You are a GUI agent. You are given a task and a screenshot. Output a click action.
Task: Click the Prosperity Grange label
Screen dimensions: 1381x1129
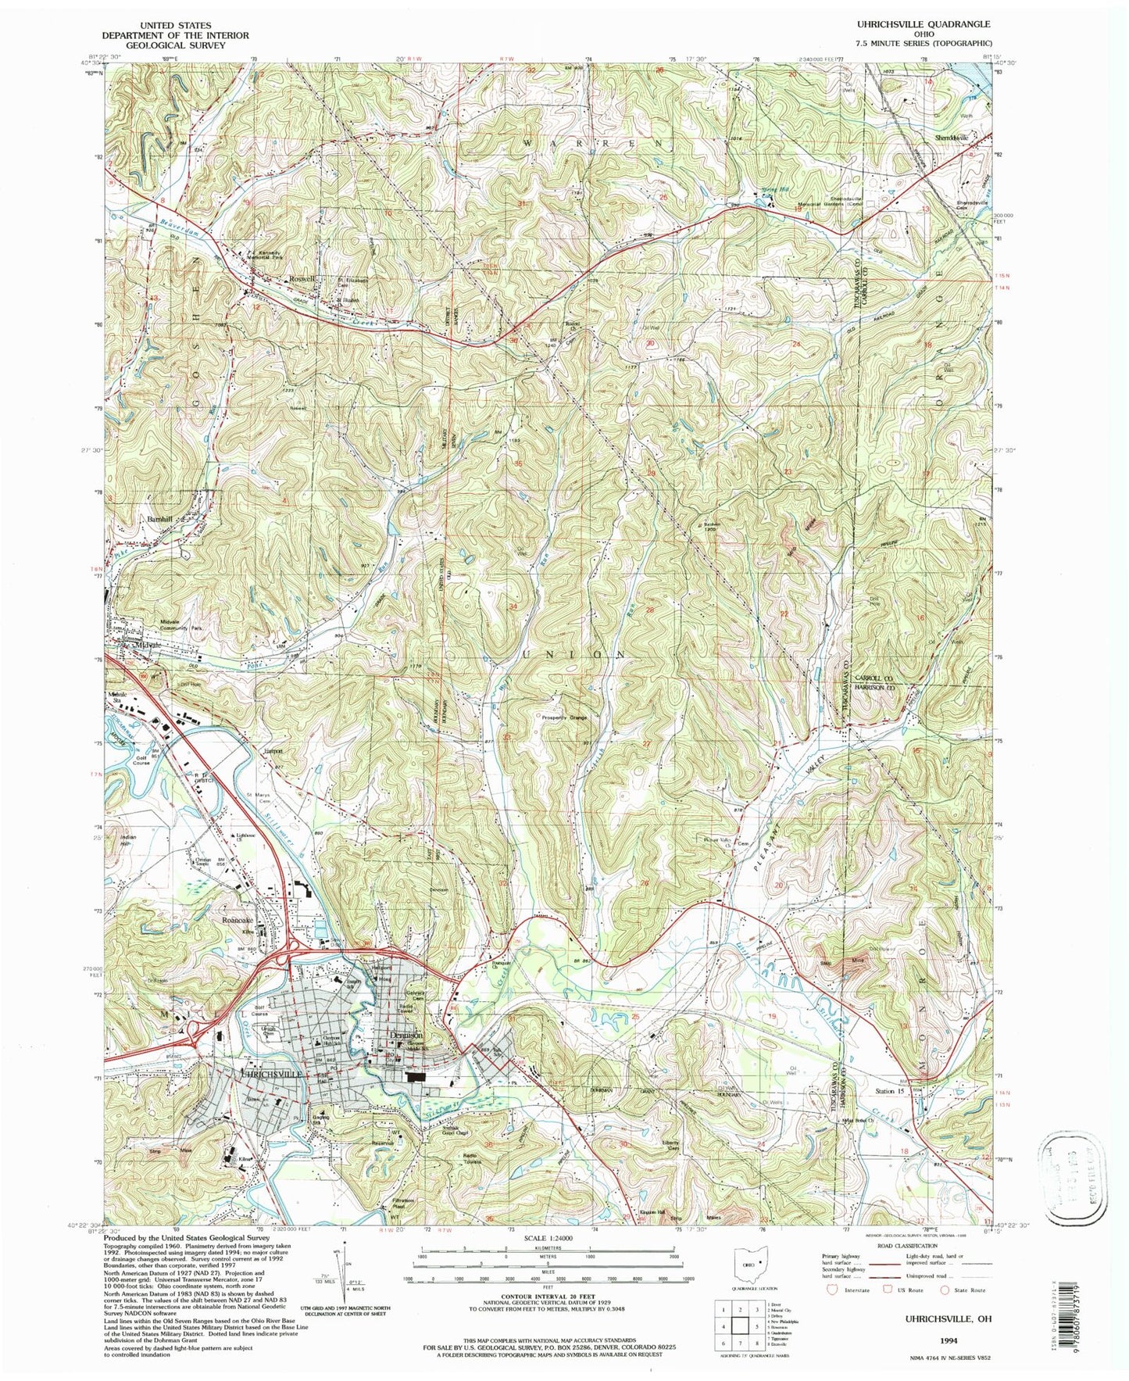[x=560, y=717]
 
